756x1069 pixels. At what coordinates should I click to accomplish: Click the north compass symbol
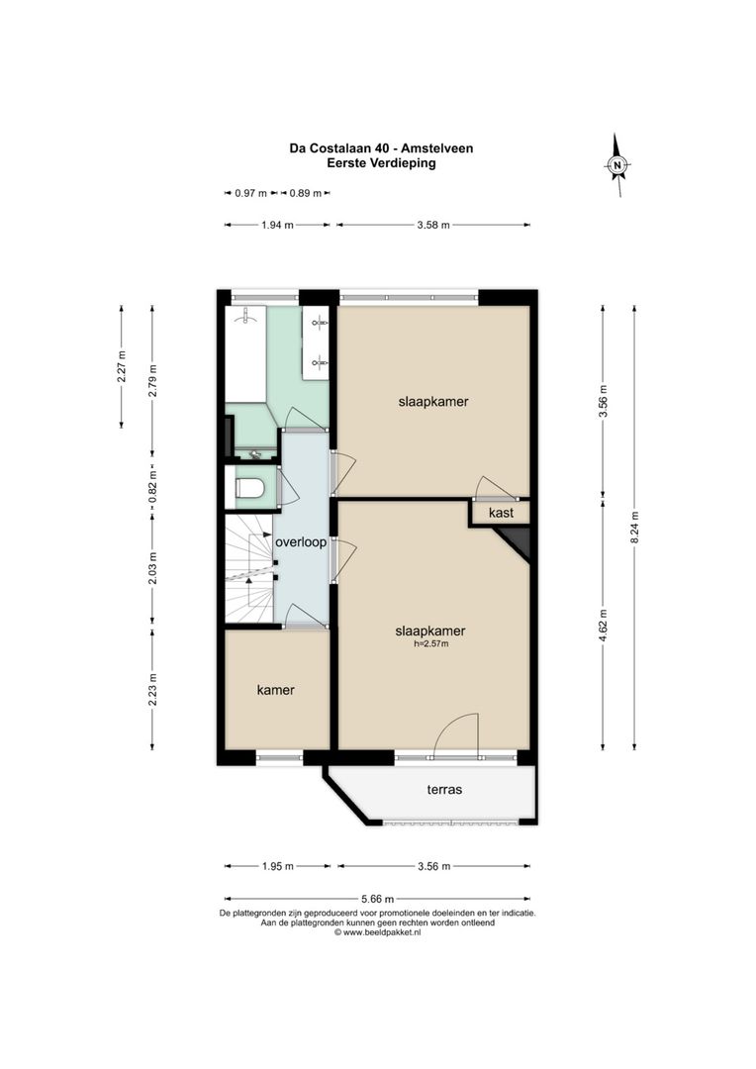pyautogui.click(x=617, y=165)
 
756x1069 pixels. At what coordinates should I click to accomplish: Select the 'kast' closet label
pyautogui.click(x=501, y=513)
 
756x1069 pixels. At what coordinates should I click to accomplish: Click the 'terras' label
pyautogui.click(x=444, y=790)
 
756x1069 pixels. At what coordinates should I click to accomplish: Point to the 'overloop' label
pyautogui.click(x=301, y=542)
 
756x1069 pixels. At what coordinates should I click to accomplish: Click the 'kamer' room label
pyautogui.click(x=275, y=690)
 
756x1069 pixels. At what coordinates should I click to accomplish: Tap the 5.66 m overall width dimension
pyautogui.click(x=380, y=898)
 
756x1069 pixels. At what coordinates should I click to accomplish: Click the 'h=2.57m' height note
pyautogui.click(x=430, y=644)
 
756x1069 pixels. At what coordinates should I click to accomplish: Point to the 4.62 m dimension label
pyautogui.click(x=604, y=628)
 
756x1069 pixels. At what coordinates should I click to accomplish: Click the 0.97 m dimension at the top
pyautogui.click(x=251, y=193)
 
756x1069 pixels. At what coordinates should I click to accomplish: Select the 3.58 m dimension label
pyautogui.click(x=432, y=226)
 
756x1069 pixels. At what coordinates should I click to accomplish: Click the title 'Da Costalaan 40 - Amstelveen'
pyautogui.click(x=381, y=148)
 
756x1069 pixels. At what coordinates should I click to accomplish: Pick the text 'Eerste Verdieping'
pyautogui.click(x=381, y=163)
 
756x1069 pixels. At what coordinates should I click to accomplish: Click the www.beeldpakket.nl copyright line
pyautogui.click(x=378, y=932)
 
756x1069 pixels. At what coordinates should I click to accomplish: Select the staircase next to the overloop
pyautogui.click(x=248, y=569)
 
